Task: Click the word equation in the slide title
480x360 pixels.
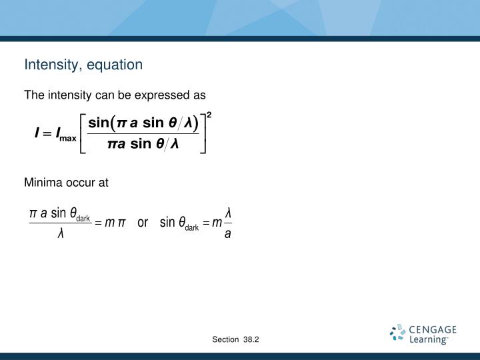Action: click(x=118, y=65)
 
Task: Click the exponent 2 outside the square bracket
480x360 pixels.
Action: click(x=209, y=115)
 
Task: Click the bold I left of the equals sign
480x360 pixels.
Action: click(x=38, y=135)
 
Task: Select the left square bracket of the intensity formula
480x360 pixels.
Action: click(x=83, y=134)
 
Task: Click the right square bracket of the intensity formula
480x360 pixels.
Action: click(x=202, y=134)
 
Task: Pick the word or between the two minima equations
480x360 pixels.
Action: click(x=143, y=223)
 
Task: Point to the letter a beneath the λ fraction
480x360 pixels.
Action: click(x=228, y=234)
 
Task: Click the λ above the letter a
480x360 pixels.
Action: click(x=228, y=212)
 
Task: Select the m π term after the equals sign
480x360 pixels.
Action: click(x=115, y=223)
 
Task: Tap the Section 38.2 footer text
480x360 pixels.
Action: click(x=235, y=340)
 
